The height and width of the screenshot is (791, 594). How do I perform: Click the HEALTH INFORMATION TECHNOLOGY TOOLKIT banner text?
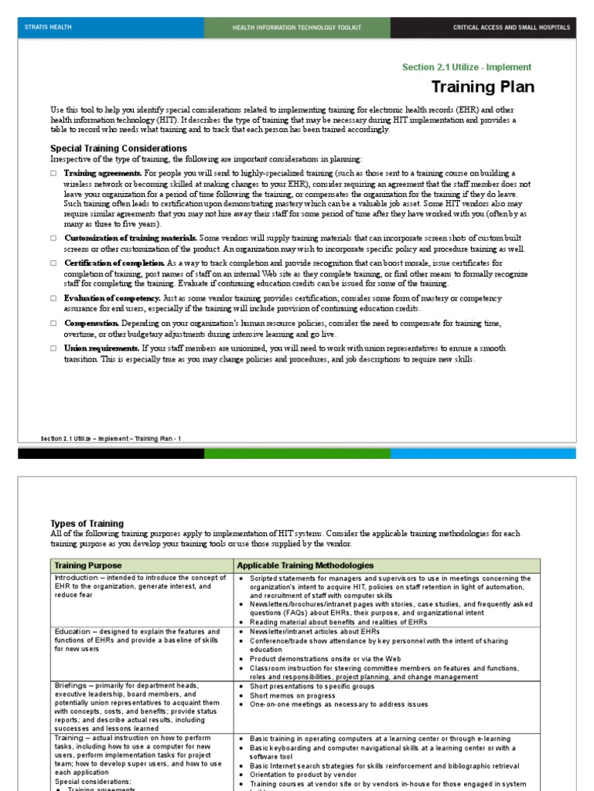coord(297,28)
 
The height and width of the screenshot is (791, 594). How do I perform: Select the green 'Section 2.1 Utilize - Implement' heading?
coord(466,67)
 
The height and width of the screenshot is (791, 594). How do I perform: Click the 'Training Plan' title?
coord(482,87)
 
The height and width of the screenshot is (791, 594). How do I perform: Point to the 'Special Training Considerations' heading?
coord(118,148)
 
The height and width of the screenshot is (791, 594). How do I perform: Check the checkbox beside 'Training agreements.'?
coord(53,174)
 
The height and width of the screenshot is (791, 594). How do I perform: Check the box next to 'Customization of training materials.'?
coord(53,239)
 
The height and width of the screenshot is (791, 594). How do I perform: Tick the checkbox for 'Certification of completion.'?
coord(53,263)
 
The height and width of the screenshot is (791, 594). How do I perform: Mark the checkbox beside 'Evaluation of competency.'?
coord(53,298)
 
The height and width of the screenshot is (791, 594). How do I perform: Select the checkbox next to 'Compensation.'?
coord(53,323)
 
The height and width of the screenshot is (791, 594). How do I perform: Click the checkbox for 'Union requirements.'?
coord(53,348)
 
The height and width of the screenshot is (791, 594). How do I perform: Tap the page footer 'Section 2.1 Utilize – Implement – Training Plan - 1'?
coord(111,439)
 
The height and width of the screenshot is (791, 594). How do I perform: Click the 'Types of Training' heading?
coord(87,524)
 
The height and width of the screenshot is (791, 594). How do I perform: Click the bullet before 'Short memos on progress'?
coord(242,695)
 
